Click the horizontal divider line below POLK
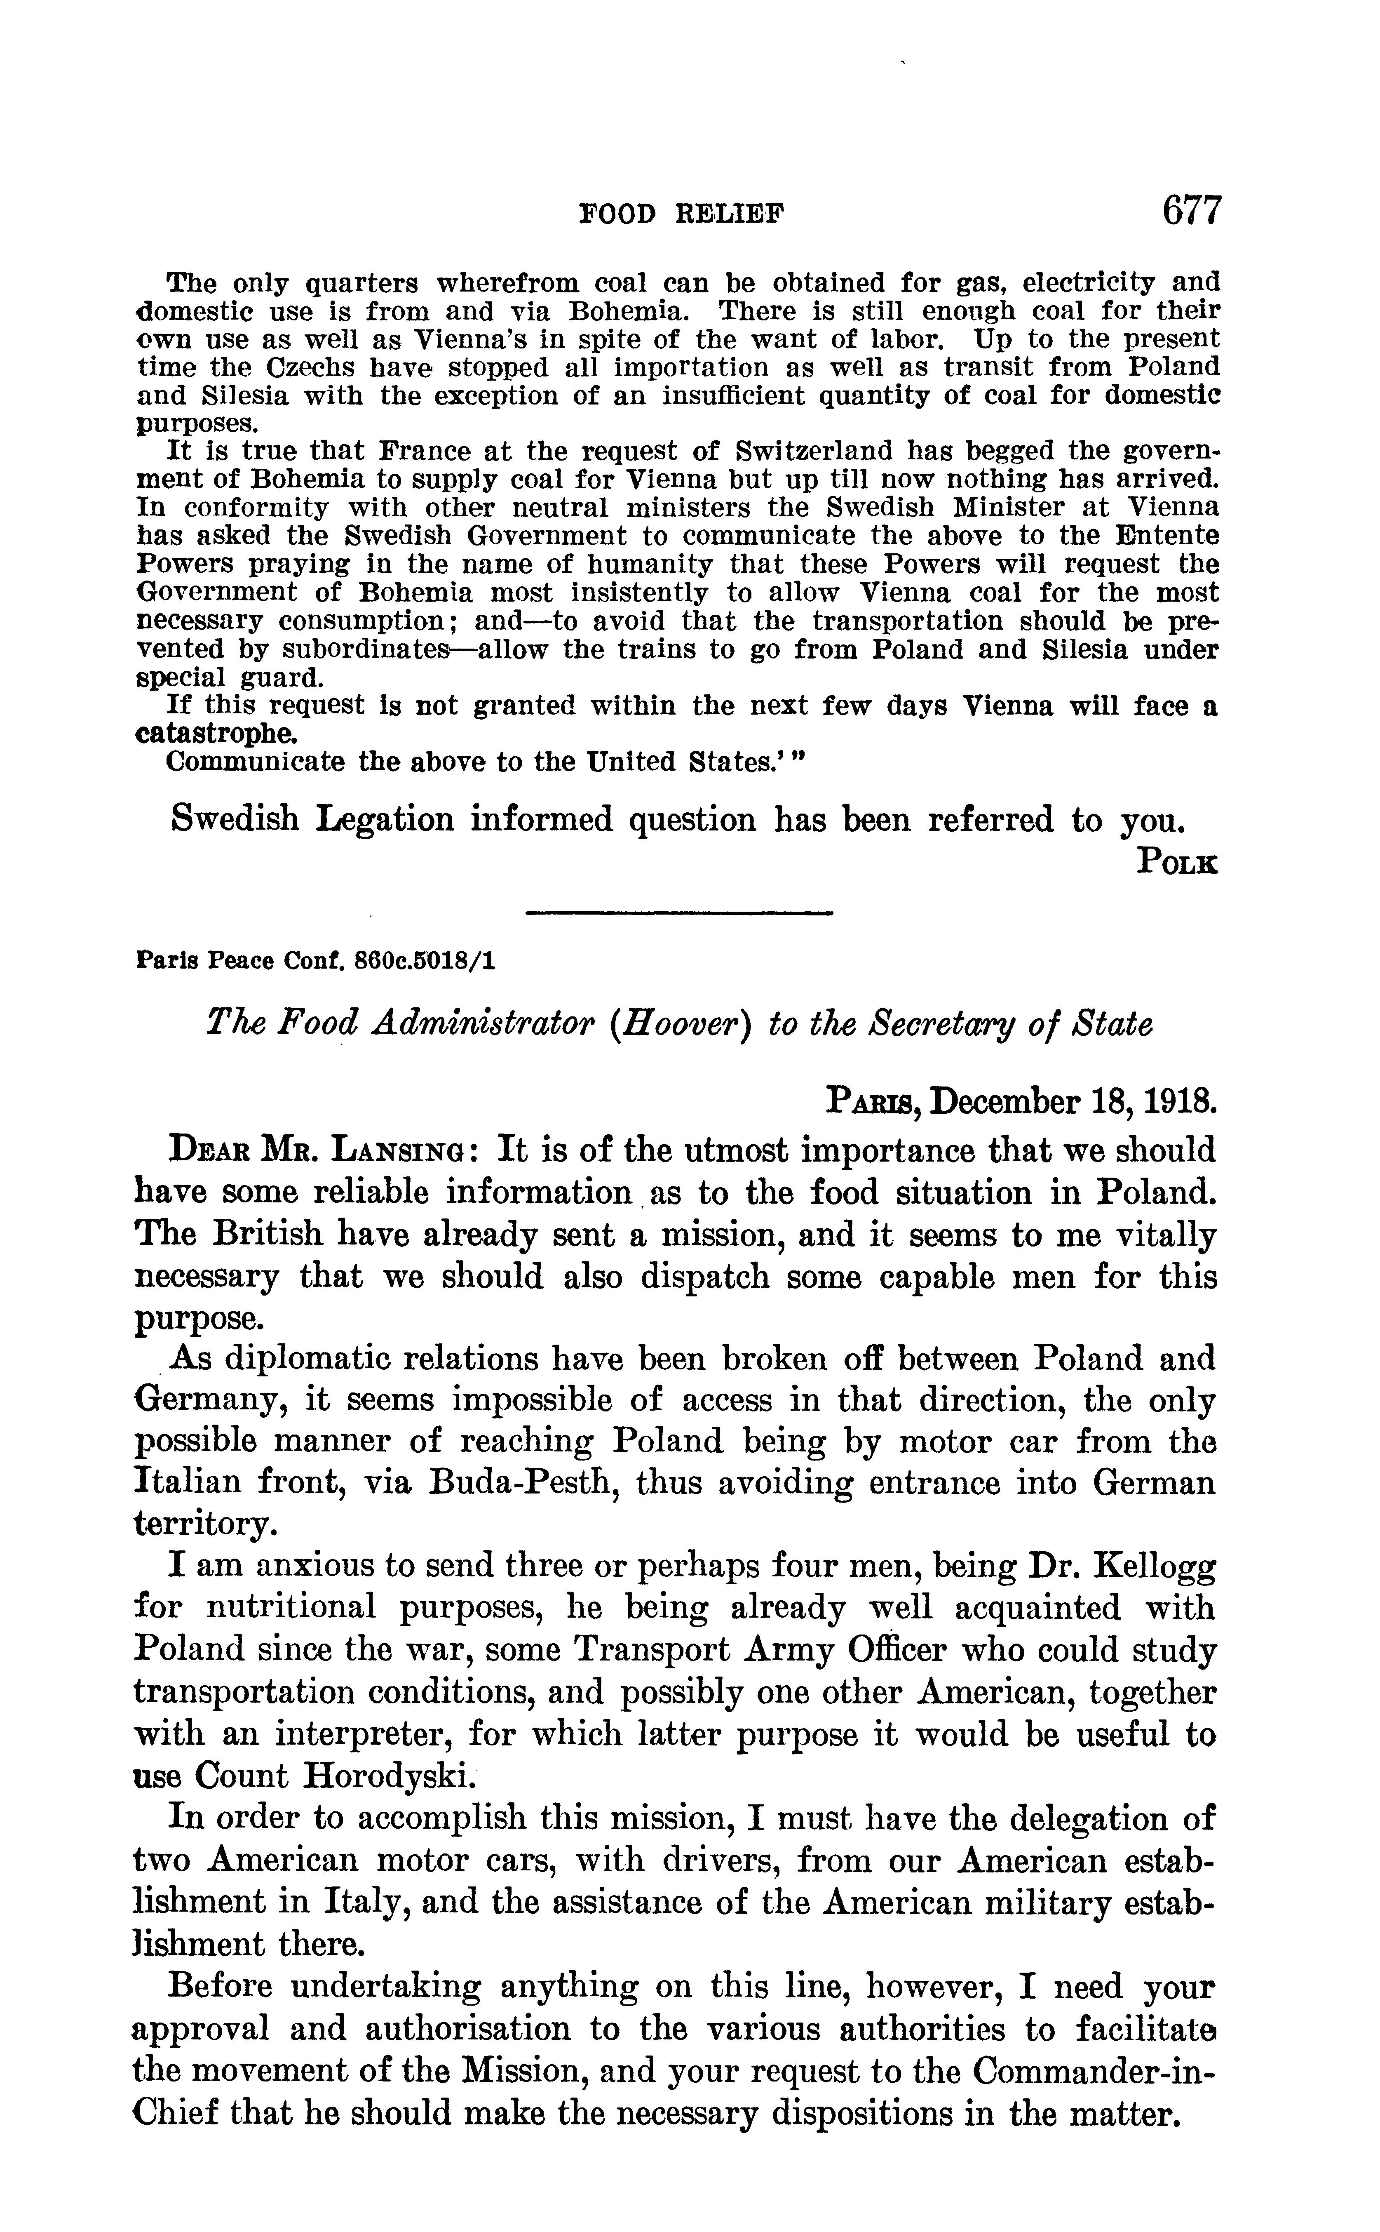coord(680,913)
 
